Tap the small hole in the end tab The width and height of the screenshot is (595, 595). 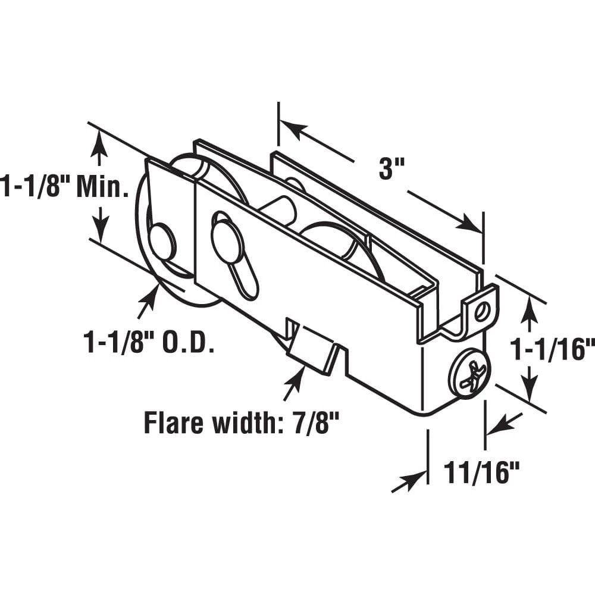point(486,309)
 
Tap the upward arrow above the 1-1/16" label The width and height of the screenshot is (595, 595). point(528,312)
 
